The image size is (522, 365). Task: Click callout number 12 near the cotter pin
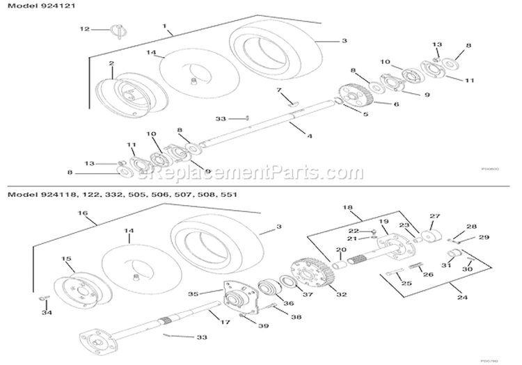pos(84,29)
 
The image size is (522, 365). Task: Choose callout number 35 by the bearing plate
pos(194,293)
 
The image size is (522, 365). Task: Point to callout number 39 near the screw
pos(262,325)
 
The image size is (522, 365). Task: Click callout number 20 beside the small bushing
pos(340,251)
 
